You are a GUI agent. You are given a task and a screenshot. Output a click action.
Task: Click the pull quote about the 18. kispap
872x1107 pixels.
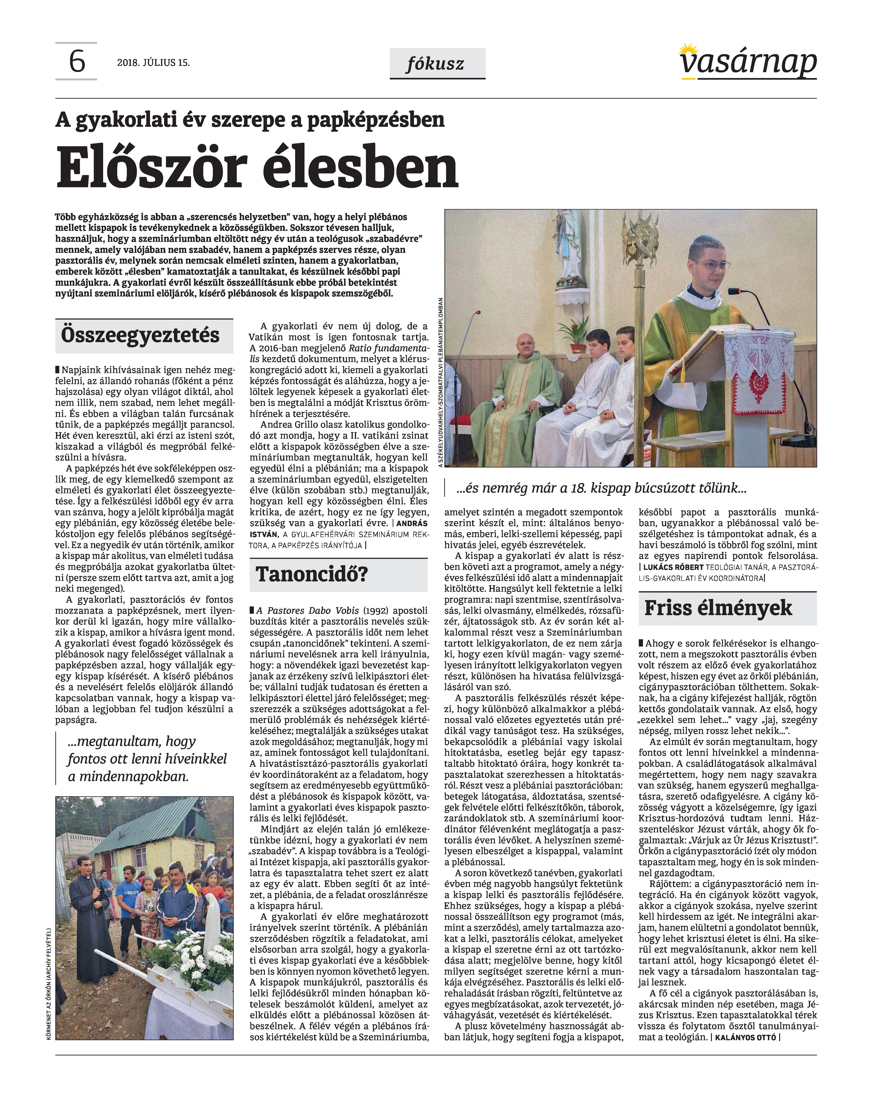click(x=601, y=488)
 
